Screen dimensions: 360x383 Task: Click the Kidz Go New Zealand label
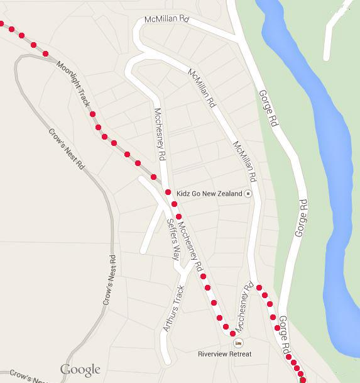pyautogui.click(x=209, y=194)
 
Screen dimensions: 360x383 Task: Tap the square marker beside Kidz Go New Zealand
pyautogui.click(x=248, y=194)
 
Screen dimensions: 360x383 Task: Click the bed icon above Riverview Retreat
pyautogui.click(x=237, y=343)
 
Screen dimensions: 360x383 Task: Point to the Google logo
pyautogui.click(x=80, y=369)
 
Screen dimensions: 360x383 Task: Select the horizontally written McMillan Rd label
pyautogui.click(x=166, y=20)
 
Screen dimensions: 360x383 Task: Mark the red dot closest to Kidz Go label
pyautogui.click(x=168, y=192)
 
